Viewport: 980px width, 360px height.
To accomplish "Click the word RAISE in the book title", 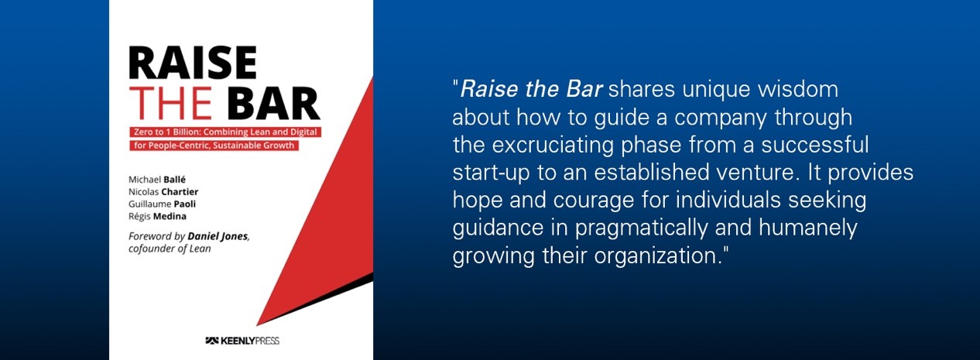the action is click(193, 63).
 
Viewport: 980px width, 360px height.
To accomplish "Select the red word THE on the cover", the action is click(170, 103).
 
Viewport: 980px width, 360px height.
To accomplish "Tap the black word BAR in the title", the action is click(274, 103).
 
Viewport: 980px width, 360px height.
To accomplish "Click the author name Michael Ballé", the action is click(157, 180).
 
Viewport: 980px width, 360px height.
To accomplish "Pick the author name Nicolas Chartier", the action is click(163, 191).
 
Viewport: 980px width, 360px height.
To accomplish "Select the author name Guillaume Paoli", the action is click(162, 204).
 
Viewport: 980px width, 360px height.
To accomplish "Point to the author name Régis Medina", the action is click(157, 216).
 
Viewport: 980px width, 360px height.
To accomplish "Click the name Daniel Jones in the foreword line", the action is click(218, 236).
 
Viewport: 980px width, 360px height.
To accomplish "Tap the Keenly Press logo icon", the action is click(212, 341).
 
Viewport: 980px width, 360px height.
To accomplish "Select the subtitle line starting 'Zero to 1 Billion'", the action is click(225, 132).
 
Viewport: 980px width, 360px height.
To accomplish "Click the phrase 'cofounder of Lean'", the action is click(170, 249).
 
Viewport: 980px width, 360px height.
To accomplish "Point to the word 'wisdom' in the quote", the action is click(798, 89).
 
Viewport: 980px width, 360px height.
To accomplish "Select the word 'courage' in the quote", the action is click(594, 201).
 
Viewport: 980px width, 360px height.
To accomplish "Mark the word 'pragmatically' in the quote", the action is click(641, 228).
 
